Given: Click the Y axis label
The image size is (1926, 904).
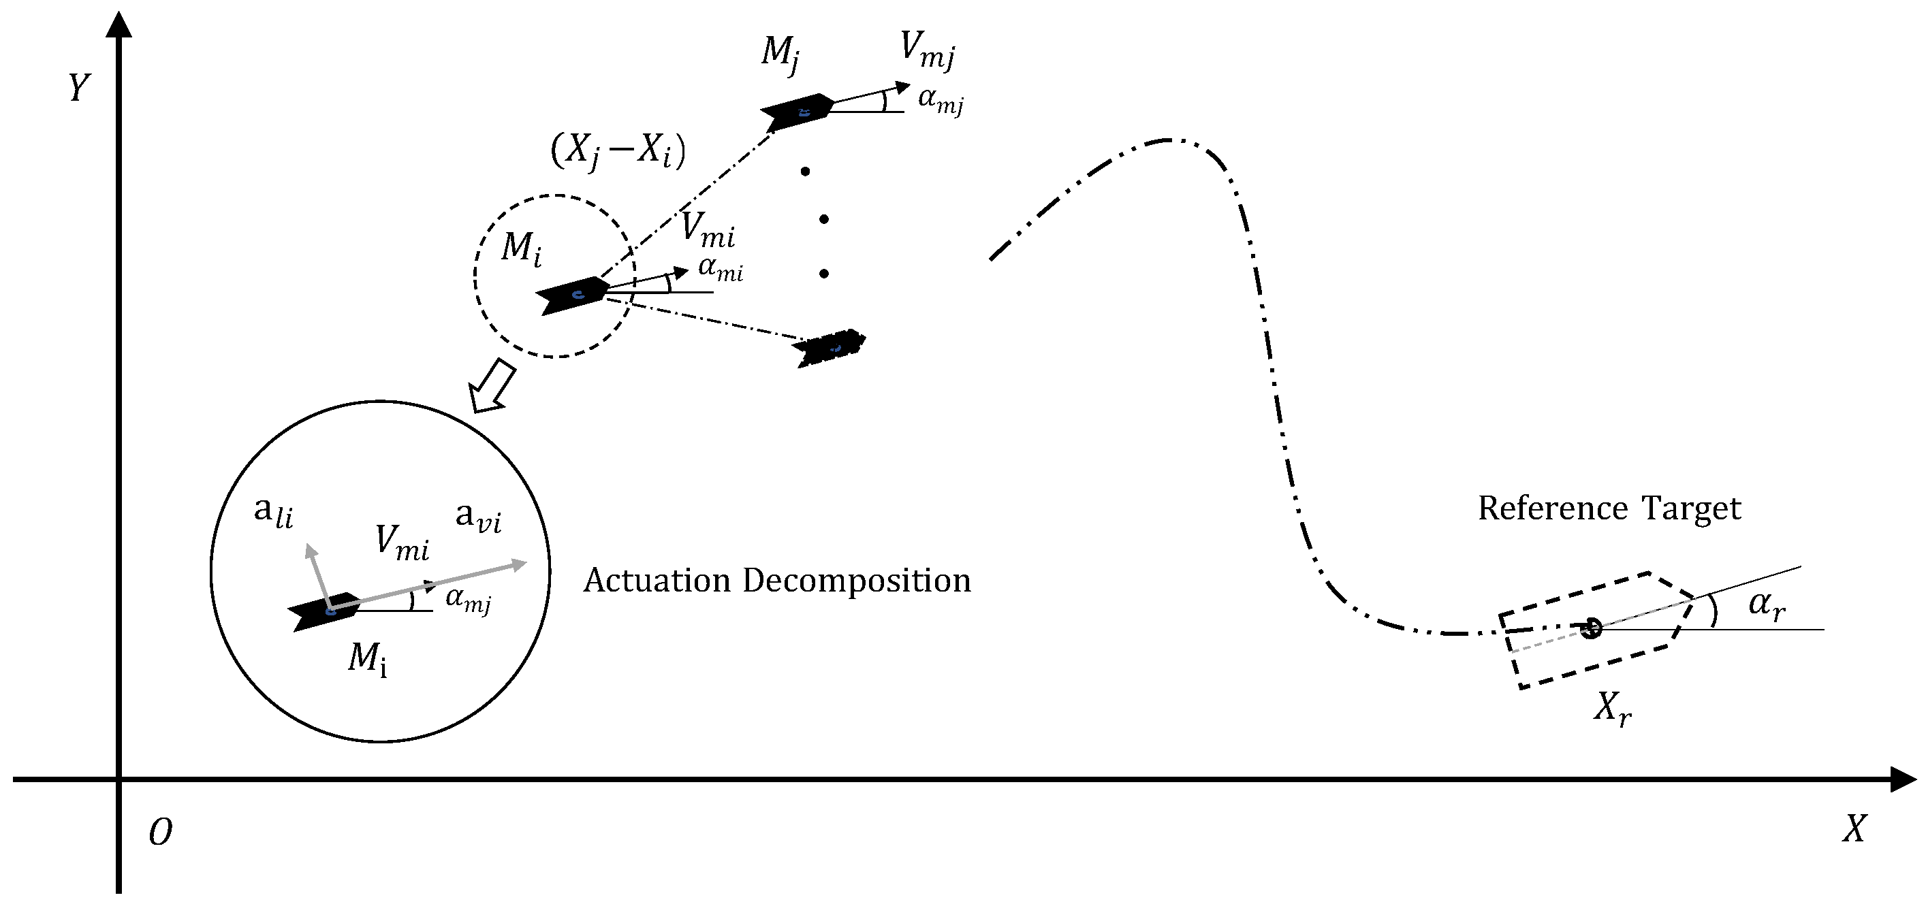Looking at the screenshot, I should [78, 88].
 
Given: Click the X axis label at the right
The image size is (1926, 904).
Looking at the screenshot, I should [1854, 828].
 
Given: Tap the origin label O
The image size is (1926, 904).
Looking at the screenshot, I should [160, 833].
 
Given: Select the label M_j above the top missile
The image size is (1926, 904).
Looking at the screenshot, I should [780, 54].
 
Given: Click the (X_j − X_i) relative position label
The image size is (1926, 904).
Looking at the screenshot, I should [618, 152].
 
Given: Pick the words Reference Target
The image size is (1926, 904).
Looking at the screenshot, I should [1609, 508].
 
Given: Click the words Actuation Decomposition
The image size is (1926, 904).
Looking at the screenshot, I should [777, 581].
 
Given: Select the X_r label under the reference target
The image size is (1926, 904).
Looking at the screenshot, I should [1613, 707].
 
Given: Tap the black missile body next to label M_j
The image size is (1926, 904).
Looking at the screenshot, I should [797, 112].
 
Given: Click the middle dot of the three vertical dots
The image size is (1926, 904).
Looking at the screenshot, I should [824, 219].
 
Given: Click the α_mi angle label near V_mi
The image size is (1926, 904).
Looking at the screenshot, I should [720, 269].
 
